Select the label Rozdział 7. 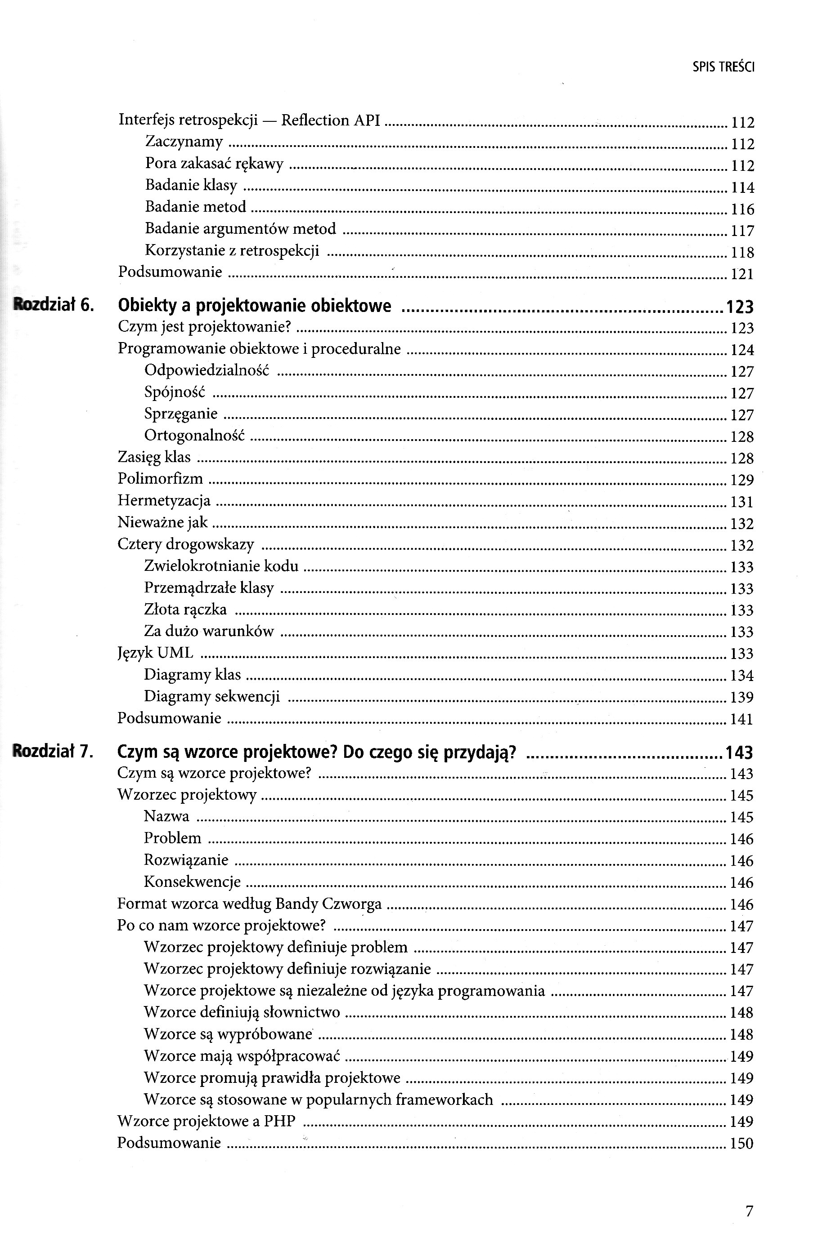tap(53, 751)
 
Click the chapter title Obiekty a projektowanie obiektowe tap(255, 306)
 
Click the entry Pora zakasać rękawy tap(214, 164)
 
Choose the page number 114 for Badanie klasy tap(742, 187)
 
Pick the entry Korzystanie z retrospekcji tap(232, 250)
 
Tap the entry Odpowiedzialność tap(207, 370)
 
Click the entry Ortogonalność tap(194, 435)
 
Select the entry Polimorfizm tap(160, 478)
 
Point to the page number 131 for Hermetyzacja tap(741, 502)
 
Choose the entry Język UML tap(155, 653)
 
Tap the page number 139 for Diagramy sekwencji tap(741, 697)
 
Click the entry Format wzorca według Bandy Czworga tap(249, 904)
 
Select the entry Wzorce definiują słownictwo tap(242, 1012)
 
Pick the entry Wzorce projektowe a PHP tap(207, 1121)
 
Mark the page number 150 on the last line tap(741, 1144)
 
